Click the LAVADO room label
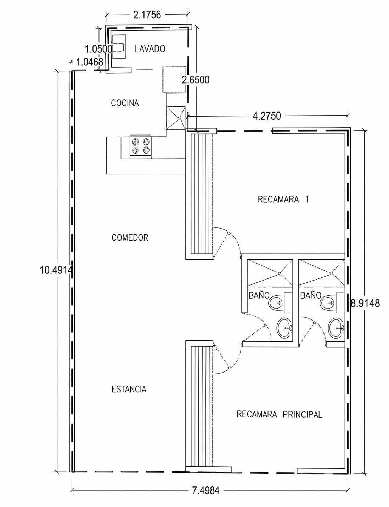(150, 49)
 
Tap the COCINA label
(125, 103)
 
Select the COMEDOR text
(130, 237)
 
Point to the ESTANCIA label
(129, 389)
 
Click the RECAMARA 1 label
(283, 199)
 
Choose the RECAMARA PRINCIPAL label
(280, 414)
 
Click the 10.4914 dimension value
(56, 270)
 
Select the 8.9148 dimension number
(365, 303)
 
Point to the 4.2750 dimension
(267, 116)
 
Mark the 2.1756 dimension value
(147, 15)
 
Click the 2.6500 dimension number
(196, 80)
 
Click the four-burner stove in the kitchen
(140, 147)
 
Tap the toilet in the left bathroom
(280, 303)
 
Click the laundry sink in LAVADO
(119, 47)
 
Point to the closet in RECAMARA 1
(202, 194)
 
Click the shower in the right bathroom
(321, 272)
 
